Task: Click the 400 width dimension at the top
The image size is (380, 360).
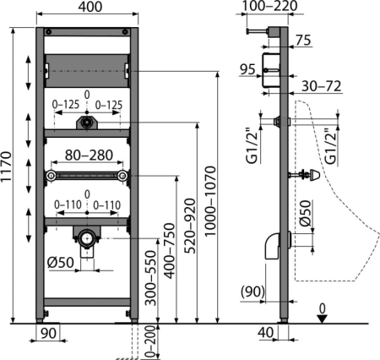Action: [x=90, y=7]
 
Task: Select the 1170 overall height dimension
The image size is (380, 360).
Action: [x=6, y=171]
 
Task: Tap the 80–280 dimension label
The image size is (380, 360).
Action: [x=89, y=155]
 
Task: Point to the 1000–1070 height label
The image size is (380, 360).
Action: [x=210, y=201]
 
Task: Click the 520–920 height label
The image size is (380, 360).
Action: [x=189, y=226]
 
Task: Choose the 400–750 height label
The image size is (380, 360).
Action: [x=169, y=251]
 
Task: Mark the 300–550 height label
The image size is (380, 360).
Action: [x=150, y=278]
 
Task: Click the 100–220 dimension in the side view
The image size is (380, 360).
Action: [x=269, y=6]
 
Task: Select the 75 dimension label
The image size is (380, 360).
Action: [x=303, y=40]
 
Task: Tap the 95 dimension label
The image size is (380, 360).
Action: [x=247, y=69]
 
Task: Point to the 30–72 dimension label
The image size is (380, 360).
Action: [x=321, y=86]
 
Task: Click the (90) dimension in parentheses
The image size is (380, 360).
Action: [x=252, y=292]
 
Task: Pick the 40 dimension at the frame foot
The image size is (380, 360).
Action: [x=265, y=332]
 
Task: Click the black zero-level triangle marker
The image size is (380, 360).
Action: [x=323, y=319]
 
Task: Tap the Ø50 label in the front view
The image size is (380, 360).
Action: [x=60, y=263]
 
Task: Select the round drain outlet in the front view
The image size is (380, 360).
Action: [x=87, y=238]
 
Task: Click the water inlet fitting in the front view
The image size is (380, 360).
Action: [x=87, y=123]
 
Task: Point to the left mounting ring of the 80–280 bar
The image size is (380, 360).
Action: [x=51, y=176]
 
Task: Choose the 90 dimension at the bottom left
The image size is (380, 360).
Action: [x=48, y=334]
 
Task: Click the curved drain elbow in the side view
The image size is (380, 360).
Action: [x=273, y=245]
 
